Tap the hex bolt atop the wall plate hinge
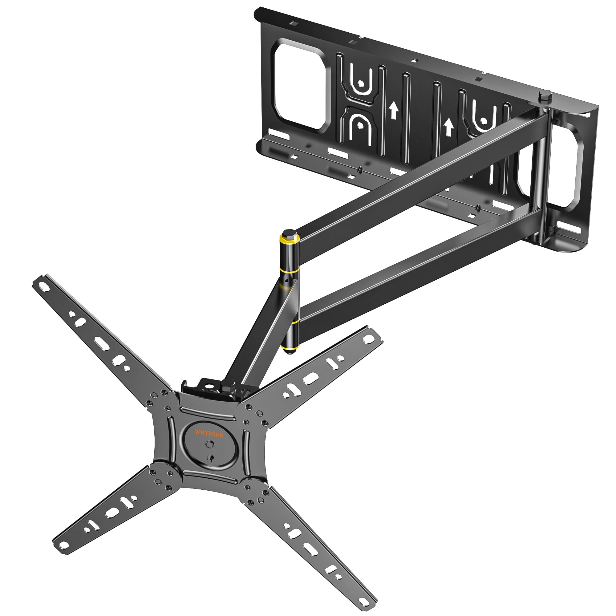pos(543,97)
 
